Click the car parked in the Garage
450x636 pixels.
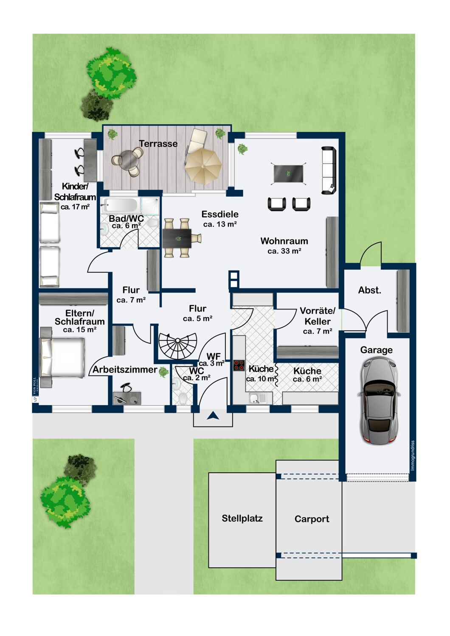point(379,401)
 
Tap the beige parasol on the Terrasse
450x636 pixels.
point(203,166)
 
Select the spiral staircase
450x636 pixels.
point(177,346)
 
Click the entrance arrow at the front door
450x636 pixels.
point(213,416)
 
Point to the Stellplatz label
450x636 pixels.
point(242,519)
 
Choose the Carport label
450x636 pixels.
point(312,519)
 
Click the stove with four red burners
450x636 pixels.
point(239,365)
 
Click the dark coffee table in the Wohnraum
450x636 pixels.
point(289,174)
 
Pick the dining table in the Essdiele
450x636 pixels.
point(177,238)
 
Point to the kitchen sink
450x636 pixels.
point(258,398)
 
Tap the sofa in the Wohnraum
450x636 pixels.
point(329,170)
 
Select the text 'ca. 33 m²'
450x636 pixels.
point(284,251)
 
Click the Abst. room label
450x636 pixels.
point(369,290)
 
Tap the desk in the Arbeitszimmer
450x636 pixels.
point(127,398)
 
